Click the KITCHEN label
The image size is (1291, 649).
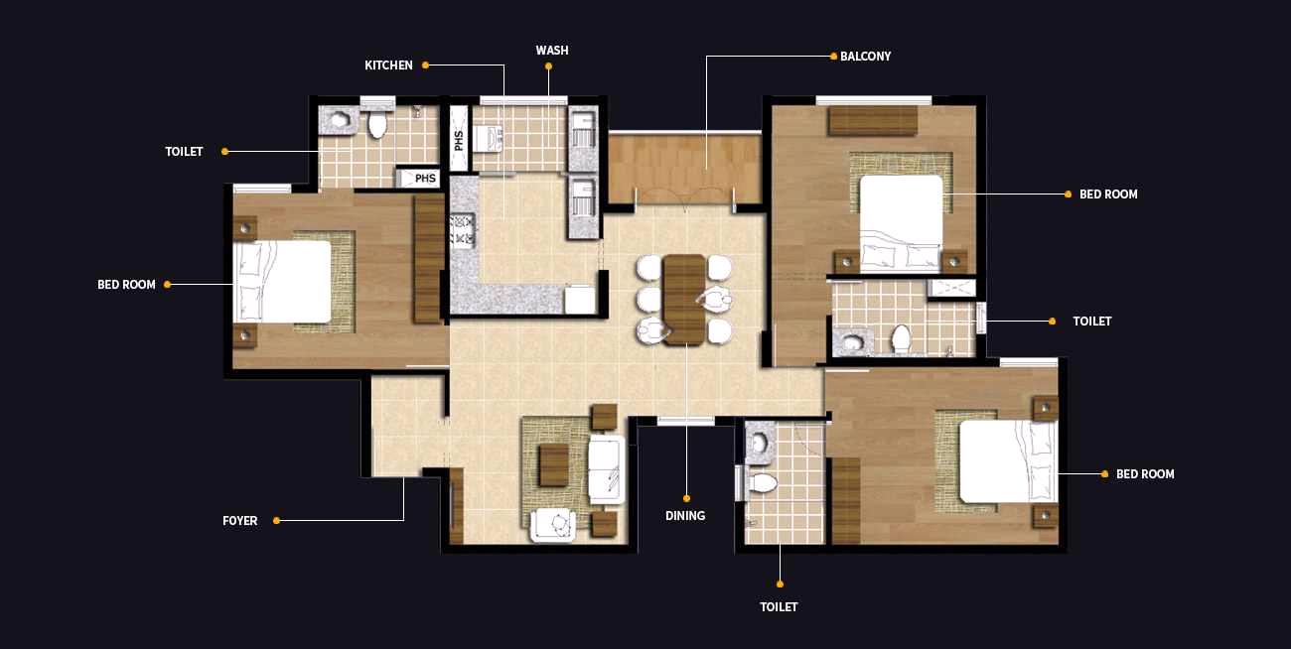click(388, 65)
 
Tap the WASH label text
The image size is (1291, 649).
click(552, 50)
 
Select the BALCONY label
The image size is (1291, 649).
click(865, 57)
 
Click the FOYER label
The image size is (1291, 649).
click(239, 521)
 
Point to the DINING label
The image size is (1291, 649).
click(685, 515)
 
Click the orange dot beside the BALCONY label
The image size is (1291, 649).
click(833, 57)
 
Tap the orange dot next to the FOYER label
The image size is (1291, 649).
click(277, 521)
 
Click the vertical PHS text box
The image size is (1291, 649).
click(459, 139)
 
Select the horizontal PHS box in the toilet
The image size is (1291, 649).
click(419, 178)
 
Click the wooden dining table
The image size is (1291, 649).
click(684, 300)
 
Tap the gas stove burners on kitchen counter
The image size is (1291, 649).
click(463, 231)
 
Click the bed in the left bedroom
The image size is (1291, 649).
click(282, 282)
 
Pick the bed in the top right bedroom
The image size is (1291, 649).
click(902, 223)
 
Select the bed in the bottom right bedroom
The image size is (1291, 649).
click(1009, 461)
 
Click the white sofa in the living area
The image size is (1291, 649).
click(607, 470)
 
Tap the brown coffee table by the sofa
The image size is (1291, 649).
click(554, 465)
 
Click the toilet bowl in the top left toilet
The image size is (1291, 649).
click(377, 123)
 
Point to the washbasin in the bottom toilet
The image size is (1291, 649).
click(760, 444)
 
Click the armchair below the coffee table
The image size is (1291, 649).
click(553, 525)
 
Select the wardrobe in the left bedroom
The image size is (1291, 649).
click(428, 259)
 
